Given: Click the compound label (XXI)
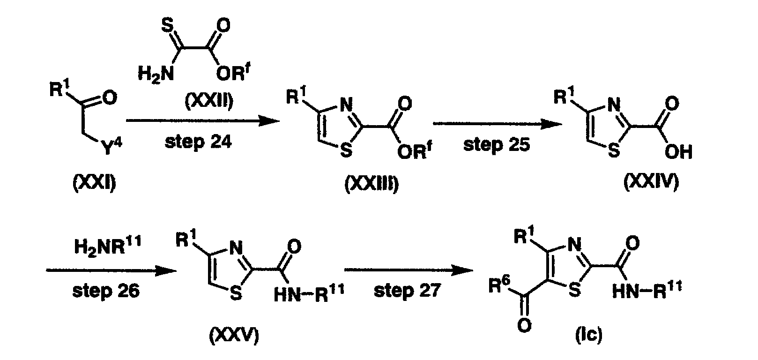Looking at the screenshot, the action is pos(95,183).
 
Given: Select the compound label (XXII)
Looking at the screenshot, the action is pos(209,101).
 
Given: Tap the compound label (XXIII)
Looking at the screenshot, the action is pos(372,184).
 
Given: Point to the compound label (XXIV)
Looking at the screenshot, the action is pos(651,182).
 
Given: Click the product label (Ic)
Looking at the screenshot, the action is pos(589,335).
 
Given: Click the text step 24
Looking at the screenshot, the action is pos(198,142).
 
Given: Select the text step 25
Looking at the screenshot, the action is pos(497,145).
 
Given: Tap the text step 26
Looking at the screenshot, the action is pos(106,291).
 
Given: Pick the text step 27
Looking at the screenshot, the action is pos(407,290).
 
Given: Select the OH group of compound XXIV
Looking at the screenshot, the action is pos(678,152).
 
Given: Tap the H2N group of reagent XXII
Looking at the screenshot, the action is pos(156,73).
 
